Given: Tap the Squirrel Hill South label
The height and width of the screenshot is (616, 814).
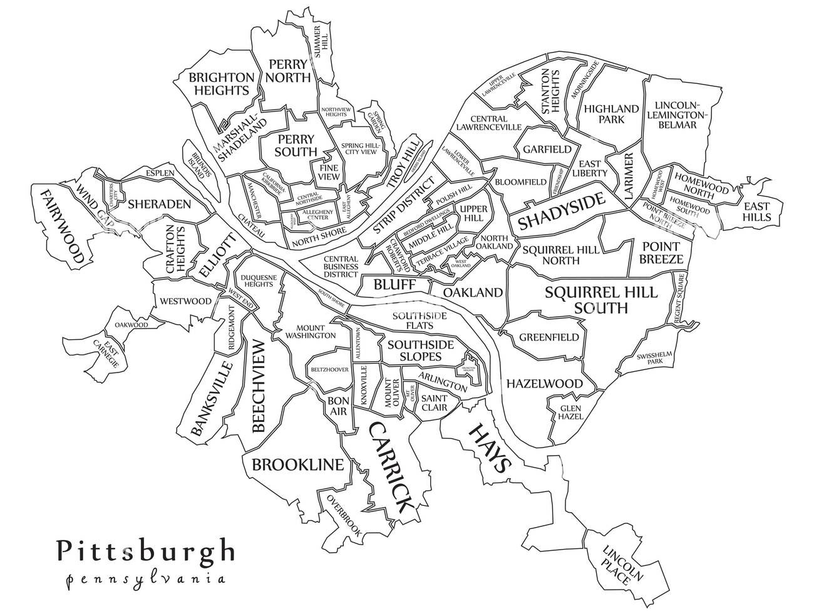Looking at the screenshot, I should click(x=600, y=300).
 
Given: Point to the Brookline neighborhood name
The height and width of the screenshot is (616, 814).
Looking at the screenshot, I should click(x=297, y=465).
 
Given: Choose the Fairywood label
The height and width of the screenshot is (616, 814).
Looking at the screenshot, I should click(x=61, y=225).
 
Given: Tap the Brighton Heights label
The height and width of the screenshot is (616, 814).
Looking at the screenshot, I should click(x=222, y=84).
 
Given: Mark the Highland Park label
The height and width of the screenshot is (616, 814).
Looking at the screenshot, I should click(x=611, y=113).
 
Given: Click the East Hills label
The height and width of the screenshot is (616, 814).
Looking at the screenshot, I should click(x=756, y=212).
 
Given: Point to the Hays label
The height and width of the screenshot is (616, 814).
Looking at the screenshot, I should click(x=489, y=448).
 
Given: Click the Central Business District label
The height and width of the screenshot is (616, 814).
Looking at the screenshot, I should click(x=341, y=267).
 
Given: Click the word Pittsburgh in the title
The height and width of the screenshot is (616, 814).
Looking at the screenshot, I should click(x=145, y=550).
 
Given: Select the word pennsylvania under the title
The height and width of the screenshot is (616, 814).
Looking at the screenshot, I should click(x=145, y=578).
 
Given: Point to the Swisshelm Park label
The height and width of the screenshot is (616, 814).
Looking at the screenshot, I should click(x=654, y=357).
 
